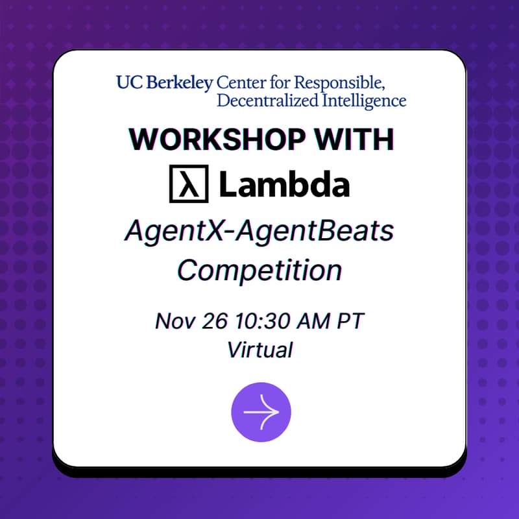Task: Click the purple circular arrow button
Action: [261, 411]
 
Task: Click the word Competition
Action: [259, 269]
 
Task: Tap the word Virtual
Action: [259, 350]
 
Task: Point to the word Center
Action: [239, 83]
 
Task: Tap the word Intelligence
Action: [363, 101]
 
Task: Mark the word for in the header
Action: [278, 83]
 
